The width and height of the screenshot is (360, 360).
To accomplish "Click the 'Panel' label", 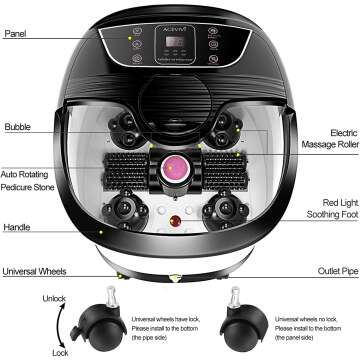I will coord(15,31).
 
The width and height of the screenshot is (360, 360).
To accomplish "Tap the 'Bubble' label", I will coord(17,128).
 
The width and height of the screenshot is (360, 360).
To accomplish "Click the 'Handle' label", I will coord(16,227).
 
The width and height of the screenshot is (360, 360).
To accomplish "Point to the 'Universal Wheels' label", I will coord(34,271).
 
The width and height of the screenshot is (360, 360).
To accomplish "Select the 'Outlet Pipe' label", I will coord(336,271).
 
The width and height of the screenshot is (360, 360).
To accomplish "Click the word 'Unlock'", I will coord(27,297).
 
